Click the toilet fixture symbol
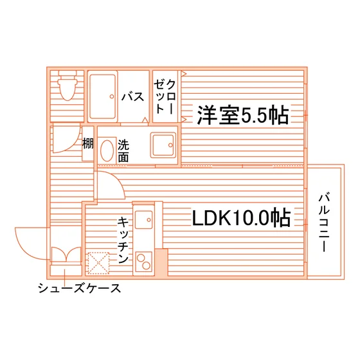click(67, 85)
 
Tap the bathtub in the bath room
click(102, 96)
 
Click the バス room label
click(132, 96)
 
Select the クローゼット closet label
click(165, 96)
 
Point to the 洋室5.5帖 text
click(243, 115)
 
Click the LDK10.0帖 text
click(241, 217)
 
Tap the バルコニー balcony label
click(324, 222)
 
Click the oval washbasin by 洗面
click(107, 150)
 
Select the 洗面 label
click(123, 150)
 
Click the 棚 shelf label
click(88, 143)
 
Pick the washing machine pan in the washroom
click(163, 145)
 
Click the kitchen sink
click(144, 220)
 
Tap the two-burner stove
click(144, 262)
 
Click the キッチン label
click(123, 240)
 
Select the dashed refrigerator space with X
click(98, 263)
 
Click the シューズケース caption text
click(79, 288)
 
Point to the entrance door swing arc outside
click(22, 251)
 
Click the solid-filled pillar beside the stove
click(161, 262)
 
